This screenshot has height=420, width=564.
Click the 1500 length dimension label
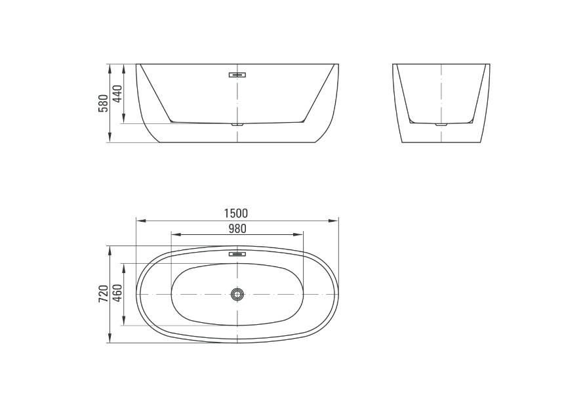236,213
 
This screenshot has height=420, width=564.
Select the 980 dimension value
237,228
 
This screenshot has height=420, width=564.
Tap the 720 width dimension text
103,294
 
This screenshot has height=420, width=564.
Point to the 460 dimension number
117,294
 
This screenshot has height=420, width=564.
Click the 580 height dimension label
103,103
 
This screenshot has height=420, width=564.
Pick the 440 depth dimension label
117,94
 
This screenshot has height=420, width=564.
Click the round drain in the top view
237,295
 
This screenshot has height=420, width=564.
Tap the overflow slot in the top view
237,254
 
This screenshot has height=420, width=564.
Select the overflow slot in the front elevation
237,75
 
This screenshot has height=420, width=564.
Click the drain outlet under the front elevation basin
237,125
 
